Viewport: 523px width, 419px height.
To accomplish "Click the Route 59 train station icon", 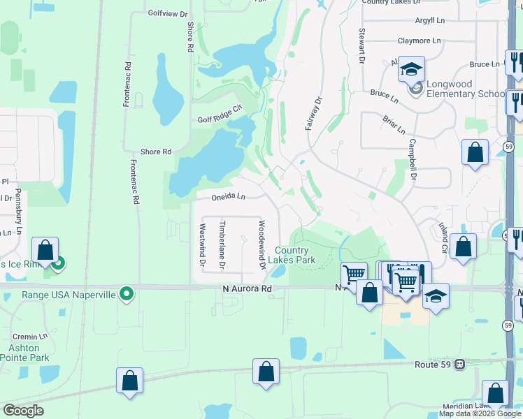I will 460,364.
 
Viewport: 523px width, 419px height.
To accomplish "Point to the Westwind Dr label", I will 202,244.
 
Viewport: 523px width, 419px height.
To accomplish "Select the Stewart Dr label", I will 362,46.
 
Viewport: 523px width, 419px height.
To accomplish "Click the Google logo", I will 23,411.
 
